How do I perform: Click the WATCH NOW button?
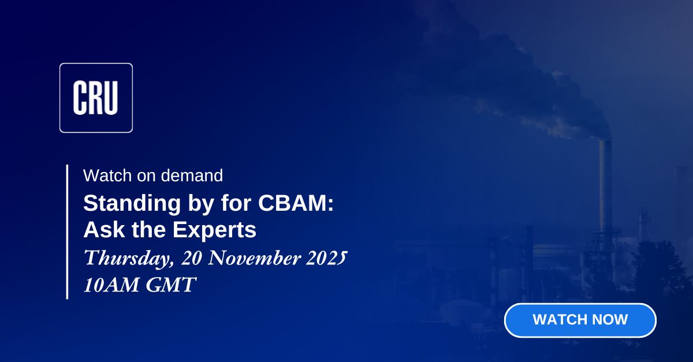(x=580, y=320)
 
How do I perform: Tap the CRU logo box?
(x=96, y=98)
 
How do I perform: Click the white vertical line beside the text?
(x=67, y=231)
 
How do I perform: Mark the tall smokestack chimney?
(x=605, y=185)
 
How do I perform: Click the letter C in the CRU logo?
(x=80, y=98)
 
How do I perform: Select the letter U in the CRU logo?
(x=111, y=98)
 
